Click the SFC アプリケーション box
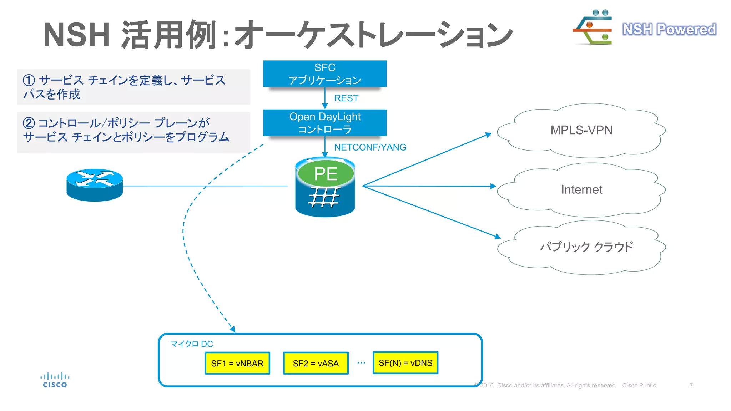click(324, 73)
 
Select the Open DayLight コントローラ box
click(324, 122)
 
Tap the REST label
click(346, 98)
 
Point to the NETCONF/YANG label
click(370, 147)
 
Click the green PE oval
click(326, 174)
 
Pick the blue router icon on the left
click(95, 185)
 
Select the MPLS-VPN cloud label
click(581, 130)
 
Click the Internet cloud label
click(581, 189)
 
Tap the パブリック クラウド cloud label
click(586, 247)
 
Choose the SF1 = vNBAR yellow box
click(237, 363)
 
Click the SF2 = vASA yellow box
click(316, 363)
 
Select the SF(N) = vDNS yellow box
click(405, 363)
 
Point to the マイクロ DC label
click(191, 344)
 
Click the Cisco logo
click(55, 380)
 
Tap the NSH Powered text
click(669, 29)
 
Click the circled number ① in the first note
click(29, 80)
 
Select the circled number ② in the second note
click(29, 123)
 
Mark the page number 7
click(691, 385)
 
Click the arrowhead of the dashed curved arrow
click(233, 329)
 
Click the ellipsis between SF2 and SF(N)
click(361, 363)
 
